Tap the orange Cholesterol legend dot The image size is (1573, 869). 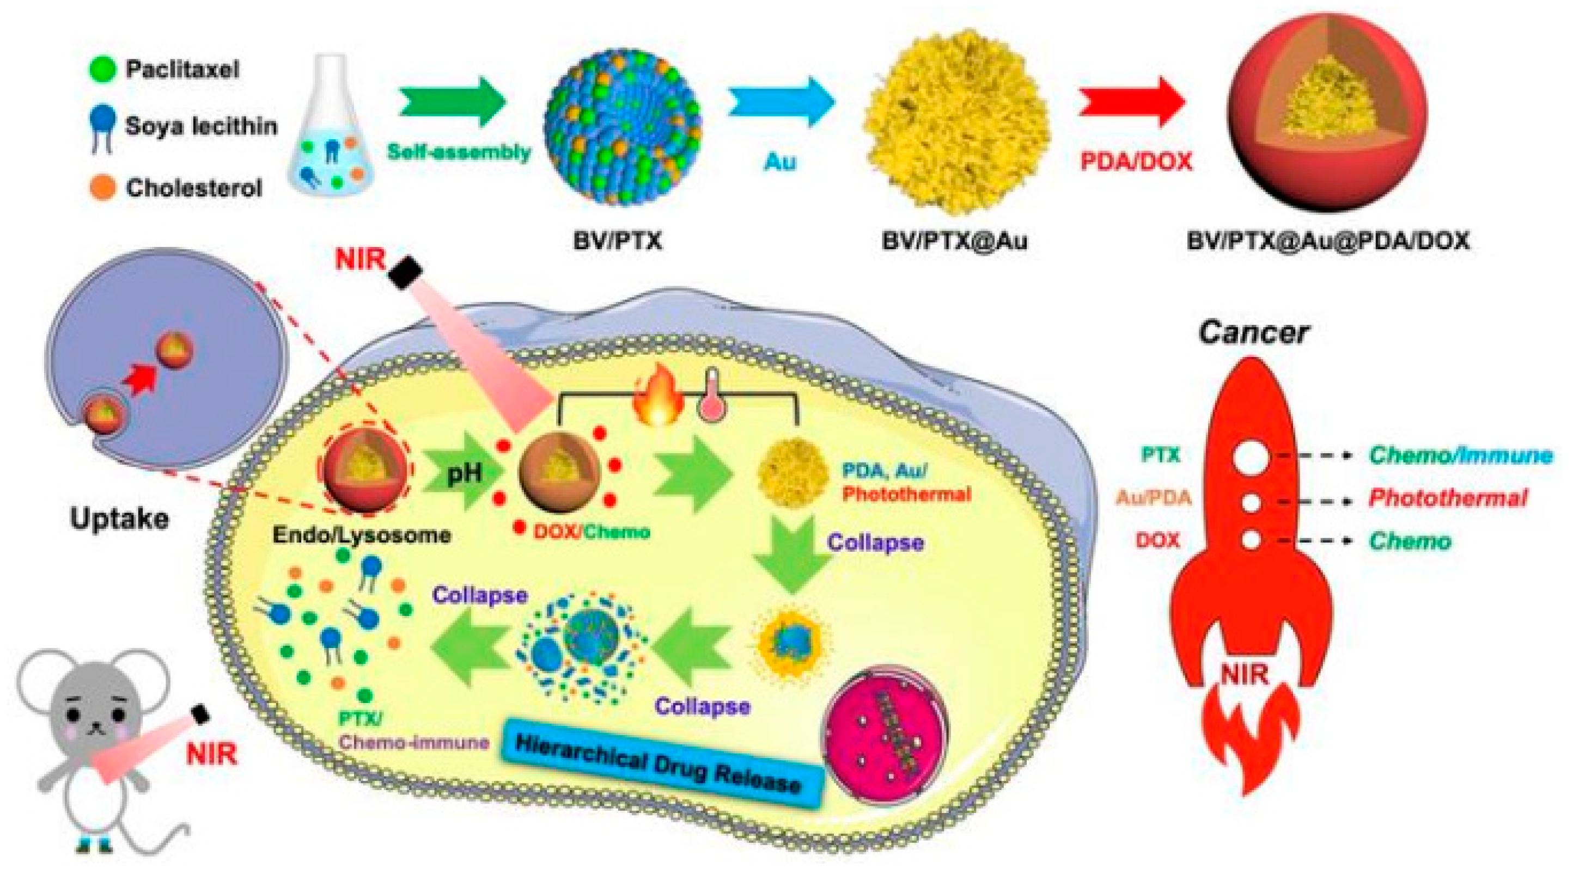coord(102,187)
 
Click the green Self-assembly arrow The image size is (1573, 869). coord(453,102)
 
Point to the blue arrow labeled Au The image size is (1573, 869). coord(781,102)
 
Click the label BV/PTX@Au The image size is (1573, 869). coord(954,241)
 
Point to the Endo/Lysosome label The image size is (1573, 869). coord(362,535)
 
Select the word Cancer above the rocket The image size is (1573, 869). coord(1253,333)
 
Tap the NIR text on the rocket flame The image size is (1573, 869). coord(1245,675)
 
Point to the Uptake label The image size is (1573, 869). coord(119,519)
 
